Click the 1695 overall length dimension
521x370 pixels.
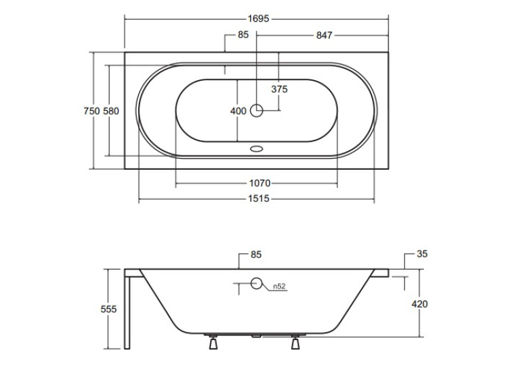[258, 18]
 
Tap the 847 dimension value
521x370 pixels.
[324, 35]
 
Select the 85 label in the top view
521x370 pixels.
[243, 35]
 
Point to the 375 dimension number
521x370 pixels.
[279, 89]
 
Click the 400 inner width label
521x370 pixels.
[238, 111]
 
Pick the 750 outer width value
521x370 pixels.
[92, 111]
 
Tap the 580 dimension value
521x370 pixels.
[111, 111]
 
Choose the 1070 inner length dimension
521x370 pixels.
[260, 183]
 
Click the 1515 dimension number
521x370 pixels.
[259, 199]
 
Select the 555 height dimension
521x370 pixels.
[109, 309]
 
